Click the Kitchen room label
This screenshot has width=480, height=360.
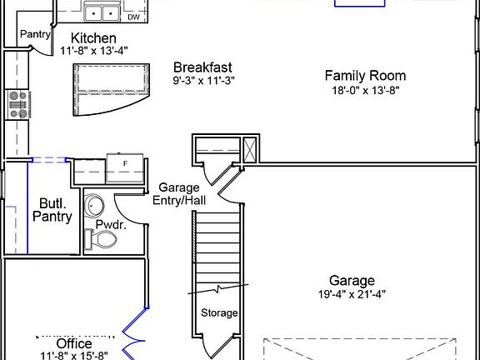[x=93, y=38]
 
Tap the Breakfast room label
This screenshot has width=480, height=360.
[x=202, y=67]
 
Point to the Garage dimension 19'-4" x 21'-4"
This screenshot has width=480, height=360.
[x=351, y=294]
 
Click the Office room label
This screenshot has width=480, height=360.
[x=73, y=343]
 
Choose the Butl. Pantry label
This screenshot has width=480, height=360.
[x=52, y=209]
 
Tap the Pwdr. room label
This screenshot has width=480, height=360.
[x=110, y=224]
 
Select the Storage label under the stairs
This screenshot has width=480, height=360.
[x=219, y=313]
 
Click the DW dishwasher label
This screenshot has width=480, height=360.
[x=133, y=17]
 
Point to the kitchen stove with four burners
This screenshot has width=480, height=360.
[x=18, y=104]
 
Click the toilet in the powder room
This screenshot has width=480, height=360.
[x=101, y=240]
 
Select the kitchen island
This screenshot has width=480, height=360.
[x=109, y=88]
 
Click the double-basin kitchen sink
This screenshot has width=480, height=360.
[x=102, y=12]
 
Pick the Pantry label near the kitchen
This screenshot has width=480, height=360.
[x=35, y=34]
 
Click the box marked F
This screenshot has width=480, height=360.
[x=126, y=164]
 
